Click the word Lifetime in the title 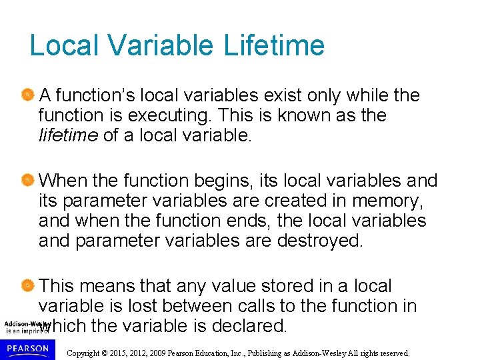pyautogui.click(x=274, y=46)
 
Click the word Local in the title pyautogui.click(x=63, y=46)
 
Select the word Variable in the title pyautogui.click(x=160, y=46)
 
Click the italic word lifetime pyautogui.click(x=68, y=135)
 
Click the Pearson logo pyautogui.click(x=27, y=349)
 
